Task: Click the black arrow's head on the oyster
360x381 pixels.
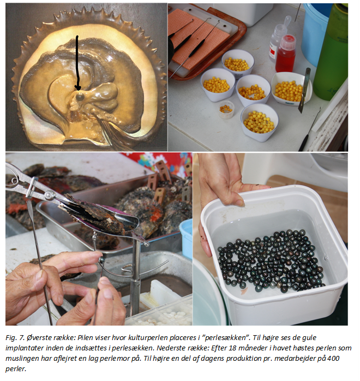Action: click(x=78, y=87)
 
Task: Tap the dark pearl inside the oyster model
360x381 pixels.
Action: click(x=80, y=97)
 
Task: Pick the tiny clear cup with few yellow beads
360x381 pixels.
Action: click(x=226, y=110)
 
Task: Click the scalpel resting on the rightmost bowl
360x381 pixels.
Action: click(x=304, y=91)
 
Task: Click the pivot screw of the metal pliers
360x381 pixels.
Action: click(x=49, y=195)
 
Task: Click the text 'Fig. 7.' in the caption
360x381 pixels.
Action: click(x=15, y=338)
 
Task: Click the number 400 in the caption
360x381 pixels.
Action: click(x=333, y=359)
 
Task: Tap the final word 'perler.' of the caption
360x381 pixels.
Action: click(x=15, y=369)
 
